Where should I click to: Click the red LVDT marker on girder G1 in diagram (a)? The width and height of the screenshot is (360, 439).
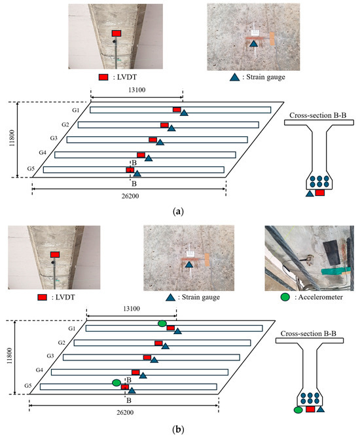click(177, 109)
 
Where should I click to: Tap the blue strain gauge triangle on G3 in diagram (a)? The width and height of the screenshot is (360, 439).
click(160, 142)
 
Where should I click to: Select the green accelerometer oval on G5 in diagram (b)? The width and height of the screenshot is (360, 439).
click(117, 383)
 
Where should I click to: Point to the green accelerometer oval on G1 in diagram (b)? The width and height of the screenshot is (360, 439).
click(162, 324)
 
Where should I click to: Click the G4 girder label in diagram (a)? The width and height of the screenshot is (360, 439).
click(43, 153)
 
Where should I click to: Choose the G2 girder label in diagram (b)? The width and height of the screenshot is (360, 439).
click(62, 343)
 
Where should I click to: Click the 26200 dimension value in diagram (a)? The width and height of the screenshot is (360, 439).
click(130, 196)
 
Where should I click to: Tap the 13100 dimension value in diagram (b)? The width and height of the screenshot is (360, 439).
click(132, 309)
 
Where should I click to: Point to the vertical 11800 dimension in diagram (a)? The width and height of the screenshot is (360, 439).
click(12, 140)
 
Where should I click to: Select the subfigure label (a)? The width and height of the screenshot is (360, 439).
click(178, 212)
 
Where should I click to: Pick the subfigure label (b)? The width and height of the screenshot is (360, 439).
click(178, 429)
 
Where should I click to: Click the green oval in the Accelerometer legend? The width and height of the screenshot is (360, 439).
click(285, 297)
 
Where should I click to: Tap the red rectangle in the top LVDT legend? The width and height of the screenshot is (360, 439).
click(103, 77)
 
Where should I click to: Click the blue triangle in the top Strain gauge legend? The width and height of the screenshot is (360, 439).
click(235, 77)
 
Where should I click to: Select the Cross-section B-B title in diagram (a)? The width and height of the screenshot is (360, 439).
click(317, 115)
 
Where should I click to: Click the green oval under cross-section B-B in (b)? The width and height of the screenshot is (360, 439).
click(298, 410)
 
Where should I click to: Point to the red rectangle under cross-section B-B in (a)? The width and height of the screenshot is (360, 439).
click(319, 193)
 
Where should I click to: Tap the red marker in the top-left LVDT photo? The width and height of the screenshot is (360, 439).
click(117, 33)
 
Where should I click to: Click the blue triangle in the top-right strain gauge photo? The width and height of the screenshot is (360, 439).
click(253, 43)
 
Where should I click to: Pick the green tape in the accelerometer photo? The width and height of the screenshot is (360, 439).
click(335, 271)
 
